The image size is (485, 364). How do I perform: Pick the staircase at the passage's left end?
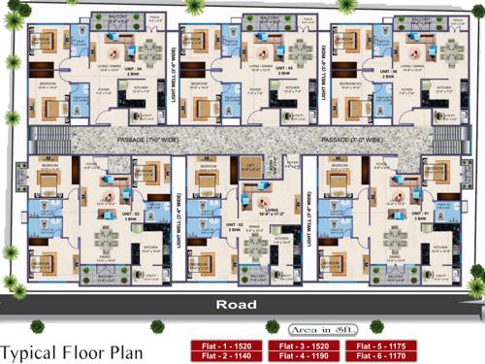click(x=45, y=140)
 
